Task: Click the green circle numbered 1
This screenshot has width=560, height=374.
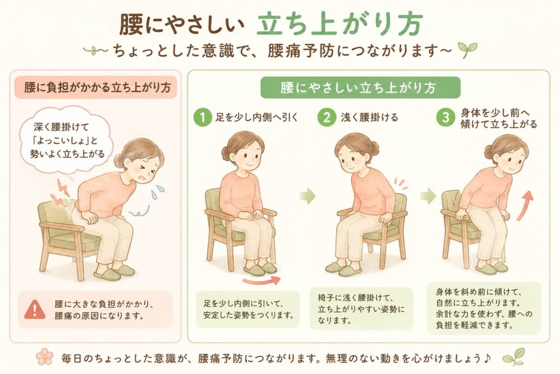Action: coord(202,117)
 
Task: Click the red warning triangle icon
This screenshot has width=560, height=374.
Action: coord(34,309)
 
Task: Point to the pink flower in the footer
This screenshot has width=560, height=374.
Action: coord(45,357)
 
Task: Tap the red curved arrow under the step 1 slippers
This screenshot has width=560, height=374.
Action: coord(261,281)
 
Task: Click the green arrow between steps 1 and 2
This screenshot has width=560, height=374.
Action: coord(307,196)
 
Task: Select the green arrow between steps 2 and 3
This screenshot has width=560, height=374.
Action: coord(428,196)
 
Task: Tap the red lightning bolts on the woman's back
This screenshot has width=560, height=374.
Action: coord(60,193)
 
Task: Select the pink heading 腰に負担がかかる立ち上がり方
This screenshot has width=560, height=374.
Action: coord(96,87)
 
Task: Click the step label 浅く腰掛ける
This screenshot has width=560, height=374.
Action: coord(369,117)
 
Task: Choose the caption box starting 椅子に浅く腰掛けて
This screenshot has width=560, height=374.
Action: coord(361,309)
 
